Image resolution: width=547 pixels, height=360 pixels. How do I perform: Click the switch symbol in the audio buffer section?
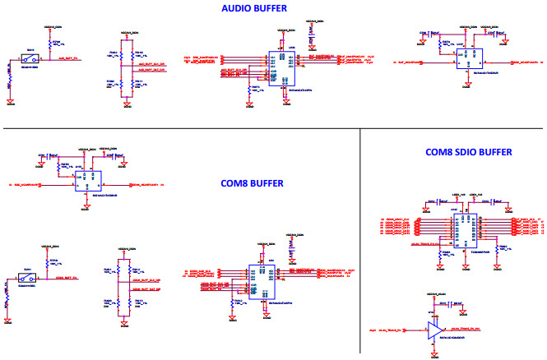30,60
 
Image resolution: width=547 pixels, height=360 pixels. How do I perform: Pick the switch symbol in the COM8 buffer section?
27,279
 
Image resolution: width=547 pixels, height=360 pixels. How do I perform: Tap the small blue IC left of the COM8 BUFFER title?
86,182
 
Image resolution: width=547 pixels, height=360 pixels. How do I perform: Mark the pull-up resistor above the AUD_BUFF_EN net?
46,47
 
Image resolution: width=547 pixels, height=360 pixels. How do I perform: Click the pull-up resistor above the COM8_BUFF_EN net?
46,265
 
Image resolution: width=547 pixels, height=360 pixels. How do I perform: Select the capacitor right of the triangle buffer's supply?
452,308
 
